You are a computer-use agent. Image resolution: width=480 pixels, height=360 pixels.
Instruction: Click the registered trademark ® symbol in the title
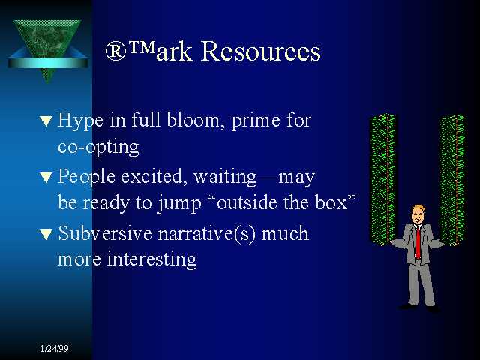tap(115, 51)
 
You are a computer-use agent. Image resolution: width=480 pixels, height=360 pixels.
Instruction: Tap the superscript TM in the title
tap(142, 46)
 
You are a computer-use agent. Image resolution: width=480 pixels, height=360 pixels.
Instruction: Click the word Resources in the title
tap(260, 51)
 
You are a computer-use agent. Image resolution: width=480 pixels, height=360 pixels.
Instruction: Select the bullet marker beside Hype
tap(46, 121)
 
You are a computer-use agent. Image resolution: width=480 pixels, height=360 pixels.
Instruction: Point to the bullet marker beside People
tap(46, 177)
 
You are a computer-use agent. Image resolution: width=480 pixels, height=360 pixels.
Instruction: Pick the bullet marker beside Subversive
tap(46, 234)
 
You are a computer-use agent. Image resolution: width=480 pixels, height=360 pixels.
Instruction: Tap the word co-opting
tap(98, 148)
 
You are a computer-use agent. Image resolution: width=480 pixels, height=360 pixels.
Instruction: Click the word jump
tap(180, 203)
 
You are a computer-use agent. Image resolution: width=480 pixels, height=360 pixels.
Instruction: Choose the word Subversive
tap(105, 233)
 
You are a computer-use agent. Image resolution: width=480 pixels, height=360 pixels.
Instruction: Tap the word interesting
tap(151, 259)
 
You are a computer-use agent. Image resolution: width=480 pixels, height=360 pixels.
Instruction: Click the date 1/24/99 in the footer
tap(54, 348)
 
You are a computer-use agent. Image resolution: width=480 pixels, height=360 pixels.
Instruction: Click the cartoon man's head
tap(417, 214)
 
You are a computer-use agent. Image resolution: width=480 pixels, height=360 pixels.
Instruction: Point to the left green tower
tap(382, 179)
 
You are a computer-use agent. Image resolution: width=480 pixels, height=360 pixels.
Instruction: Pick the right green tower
tap(451, 180)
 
